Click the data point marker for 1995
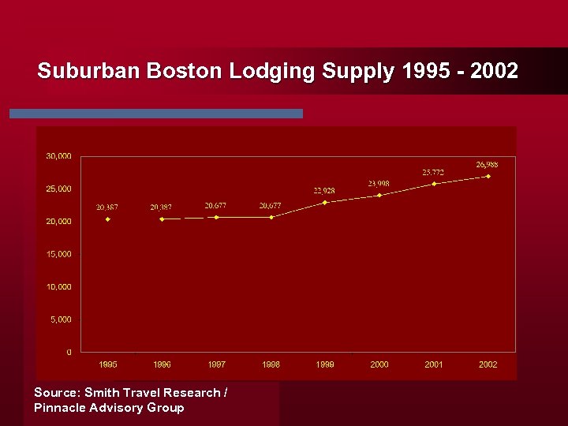coord(108,219)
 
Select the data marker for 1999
coord(325,203)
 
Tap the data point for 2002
coord(488,176)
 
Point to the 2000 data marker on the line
coord(379,195)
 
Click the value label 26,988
coord(487,164)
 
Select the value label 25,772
coord(433,172)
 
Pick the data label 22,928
coord(324,190)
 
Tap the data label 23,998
coord(379,183)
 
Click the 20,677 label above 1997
coord(216,205)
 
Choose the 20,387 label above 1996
coord(161,207)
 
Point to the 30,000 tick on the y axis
coord(58,156)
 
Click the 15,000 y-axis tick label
coord(58,254)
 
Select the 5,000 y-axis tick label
coord(60,319)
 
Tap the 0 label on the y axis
coord(69,352)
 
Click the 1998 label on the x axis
coord(271,364)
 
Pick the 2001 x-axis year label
coord(434,364)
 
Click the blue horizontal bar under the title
coord(156,114)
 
